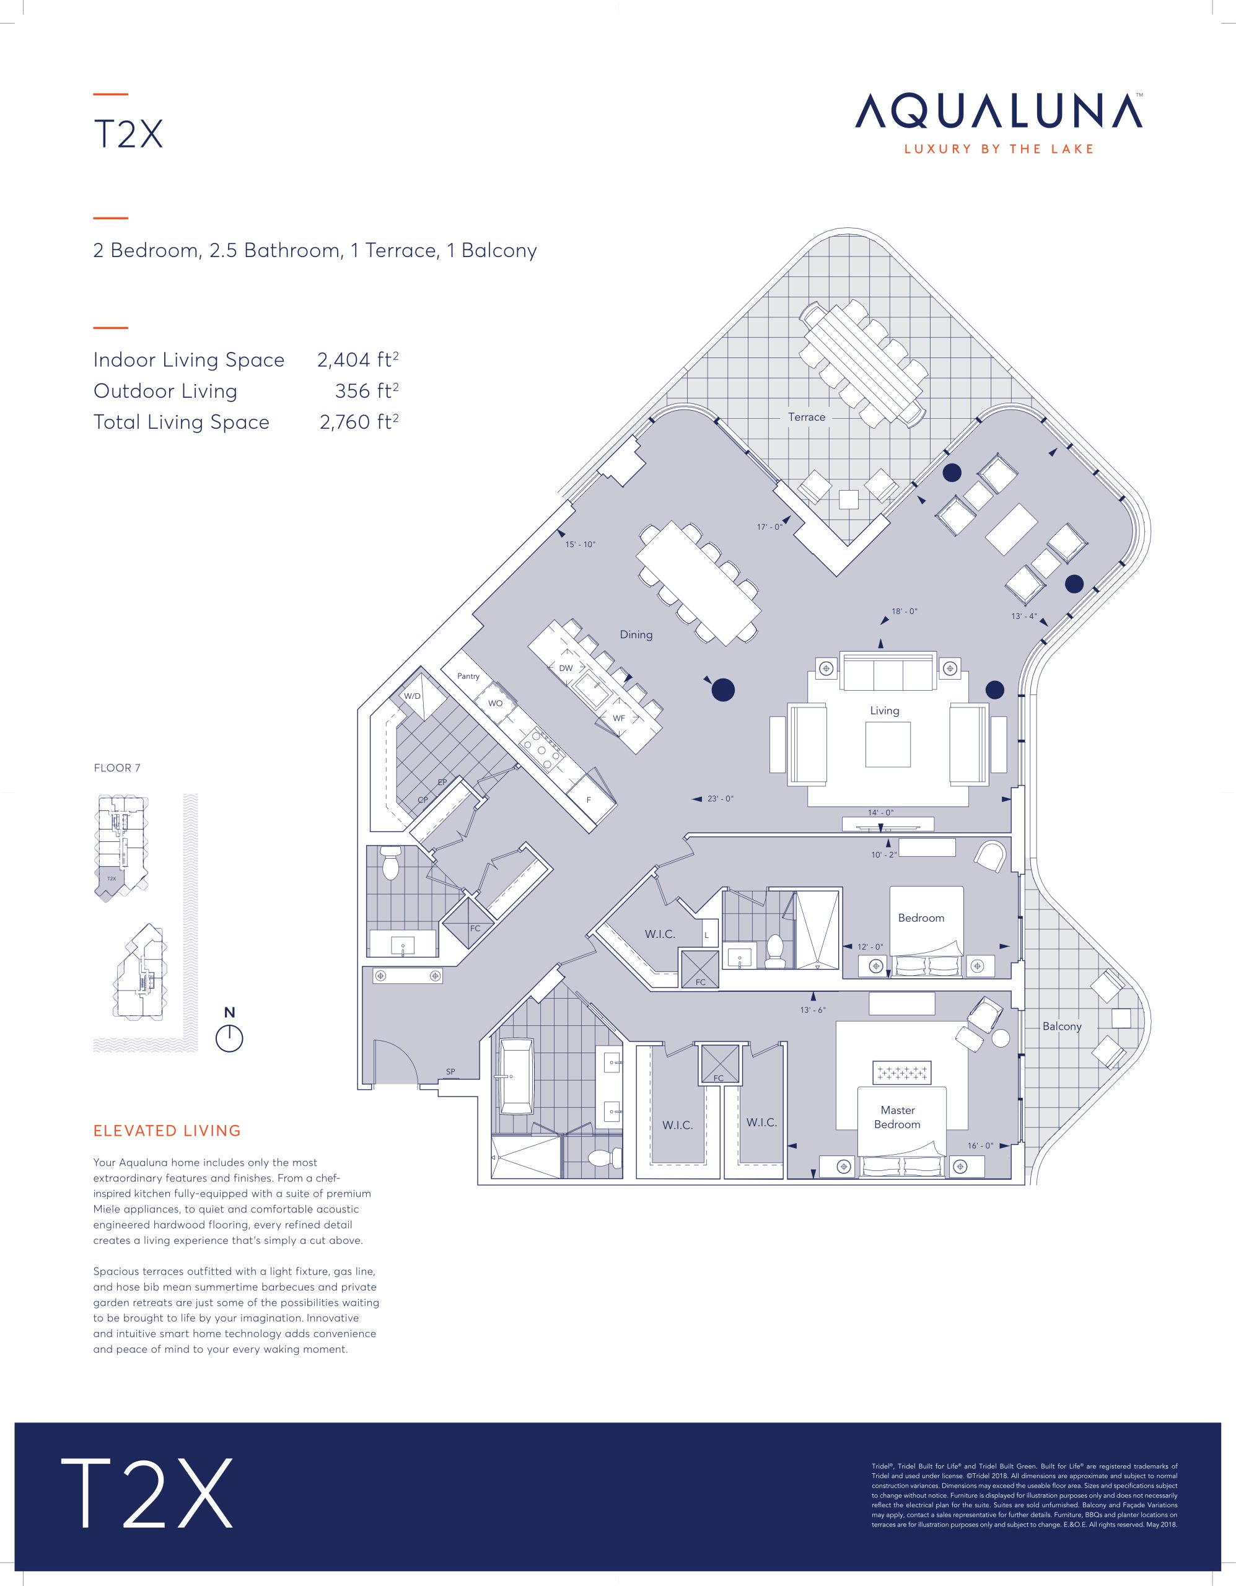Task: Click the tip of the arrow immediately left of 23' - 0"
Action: click(x=693, y=799)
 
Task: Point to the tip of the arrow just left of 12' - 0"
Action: click(x=844, y=947)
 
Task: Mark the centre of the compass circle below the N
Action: click(x=229, y=1038)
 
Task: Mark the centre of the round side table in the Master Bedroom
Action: click(x=1001, y=1037)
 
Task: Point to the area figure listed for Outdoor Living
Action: click(x=367, y=391)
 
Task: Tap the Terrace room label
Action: click(x=807, y=417)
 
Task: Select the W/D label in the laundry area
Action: click(x=413, y=696)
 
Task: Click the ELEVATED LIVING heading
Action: click(x=167, y=1131)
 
